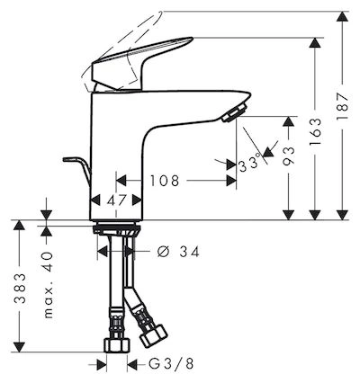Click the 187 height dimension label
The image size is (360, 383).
click(x=342, y=106)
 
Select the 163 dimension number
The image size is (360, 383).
click(x=315, y=132)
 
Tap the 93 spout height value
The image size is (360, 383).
click(x=289, y=156)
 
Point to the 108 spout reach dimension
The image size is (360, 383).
click(x=165, y=181)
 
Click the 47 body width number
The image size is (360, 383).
click(x=116, y=200)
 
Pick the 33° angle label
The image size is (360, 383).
click(x=248, y=164)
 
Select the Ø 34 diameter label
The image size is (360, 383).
click(x=178, y=252)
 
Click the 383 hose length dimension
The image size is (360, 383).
click(x=20, y=289)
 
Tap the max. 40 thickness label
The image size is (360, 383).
click(x=48, y=285)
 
